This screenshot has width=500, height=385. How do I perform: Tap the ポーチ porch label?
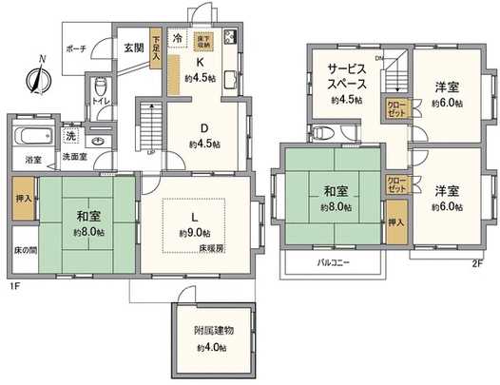click(x=77, y=48)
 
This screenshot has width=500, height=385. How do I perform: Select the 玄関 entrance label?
click(x=133, y=45)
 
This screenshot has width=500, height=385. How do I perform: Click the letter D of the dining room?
click(x=203, y=128)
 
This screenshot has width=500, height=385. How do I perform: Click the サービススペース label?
click(x=343, y=76)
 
